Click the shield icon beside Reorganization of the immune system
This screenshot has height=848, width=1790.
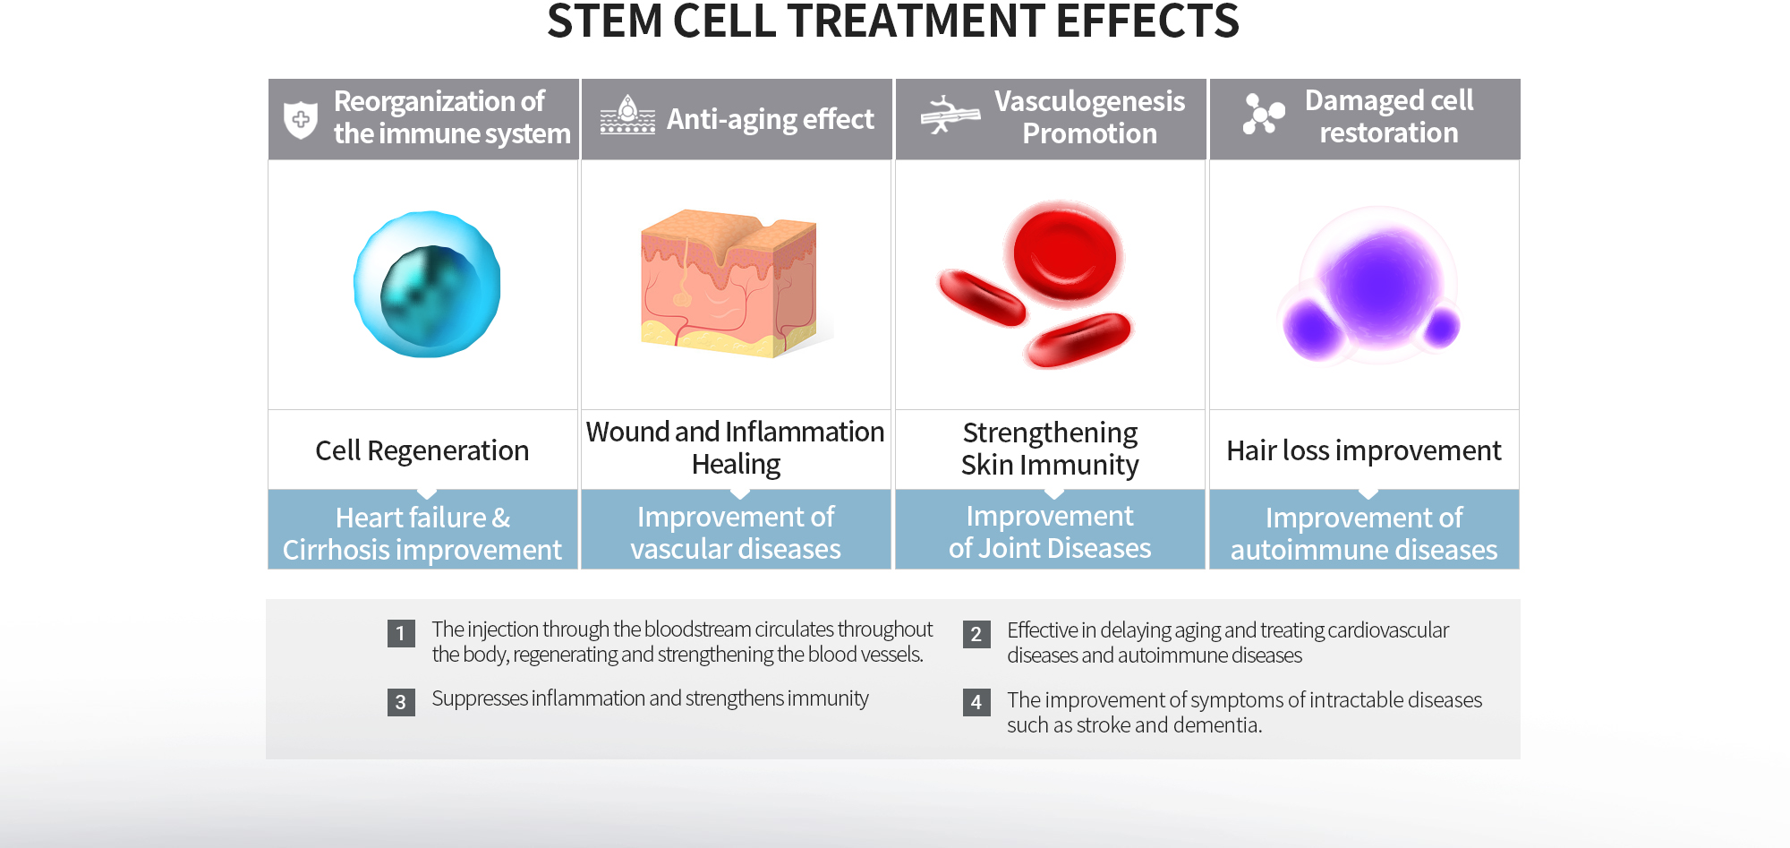[301, 119]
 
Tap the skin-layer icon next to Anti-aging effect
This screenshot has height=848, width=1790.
[627, 115]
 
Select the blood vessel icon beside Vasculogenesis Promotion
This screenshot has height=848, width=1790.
[950, 115]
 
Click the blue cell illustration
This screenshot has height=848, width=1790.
[427, 285]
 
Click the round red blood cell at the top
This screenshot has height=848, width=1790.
[1064, 254]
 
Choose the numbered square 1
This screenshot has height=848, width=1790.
[401, 633]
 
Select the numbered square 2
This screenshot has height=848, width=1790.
[976, 634]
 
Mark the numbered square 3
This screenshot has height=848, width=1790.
[401, 702]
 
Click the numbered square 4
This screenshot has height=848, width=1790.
[976, 702]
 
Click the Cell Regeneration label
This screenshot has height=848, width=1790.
[422, 450]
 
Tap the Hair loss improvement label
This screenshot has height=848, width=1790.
[1364, 450]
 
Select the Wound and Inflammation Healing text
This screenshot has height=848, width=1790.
[736, 448]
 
